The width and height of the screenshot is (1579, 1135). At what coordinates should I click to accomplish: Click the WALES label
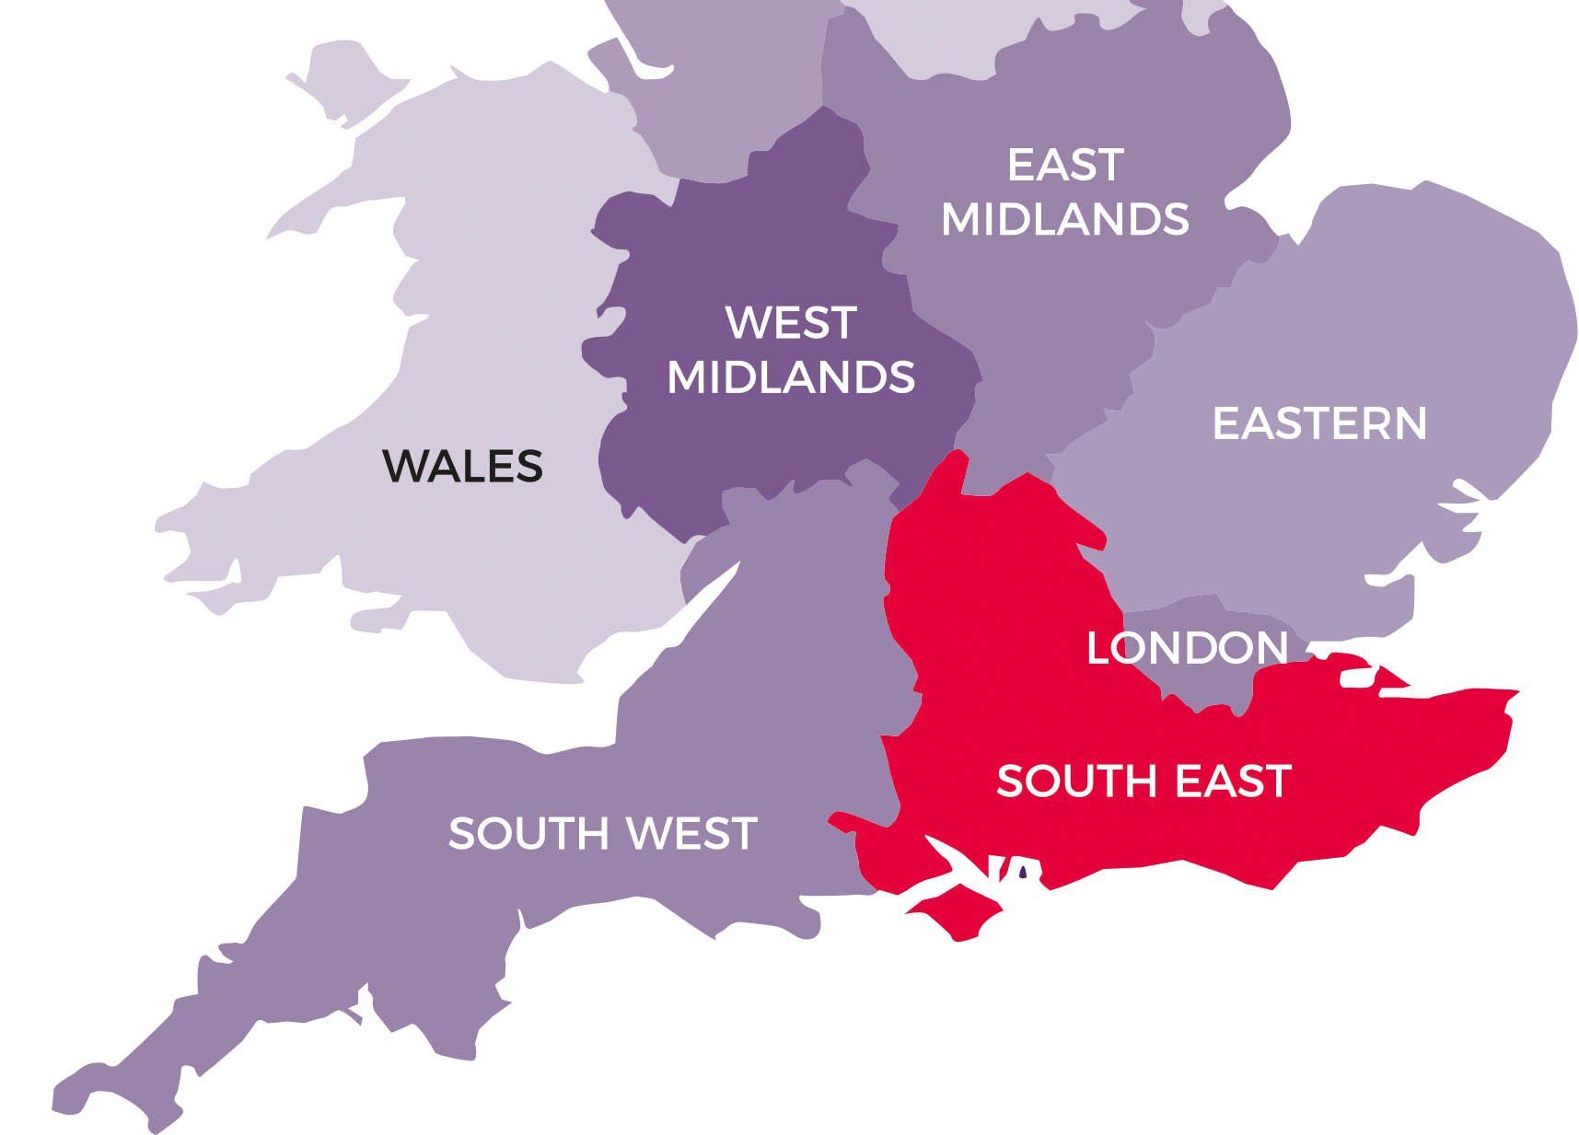pos(463,466)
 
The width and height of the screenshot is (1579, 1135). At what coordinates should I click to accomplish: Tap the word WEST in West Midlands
pos(791,323)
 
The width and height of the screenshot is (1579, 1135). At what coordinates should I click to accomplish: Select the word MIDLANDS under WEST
pos(791,376)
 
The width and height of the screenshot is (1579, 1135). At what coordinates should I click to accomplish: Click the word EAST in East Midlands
pos(1065,166)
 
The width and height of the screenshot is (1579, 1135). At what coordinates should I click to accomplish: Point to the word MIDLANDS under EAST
pos(1065,219)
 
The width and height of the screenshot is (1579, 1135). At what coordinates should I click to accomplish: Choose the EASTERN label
pos(1319,423)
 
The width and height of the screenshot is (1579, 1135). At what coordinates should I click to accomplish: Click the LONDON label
pos(1187,648)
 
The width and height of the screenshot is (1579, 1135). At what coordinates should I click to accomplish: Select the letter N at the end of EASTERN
pos(1408,423)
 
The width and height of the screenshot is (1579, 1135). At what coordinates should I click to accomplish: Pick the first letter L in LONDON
pos(1098,648)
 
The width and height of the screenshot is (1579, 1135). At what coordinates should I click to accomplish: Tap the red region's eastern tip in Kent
pos(1510,700)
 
